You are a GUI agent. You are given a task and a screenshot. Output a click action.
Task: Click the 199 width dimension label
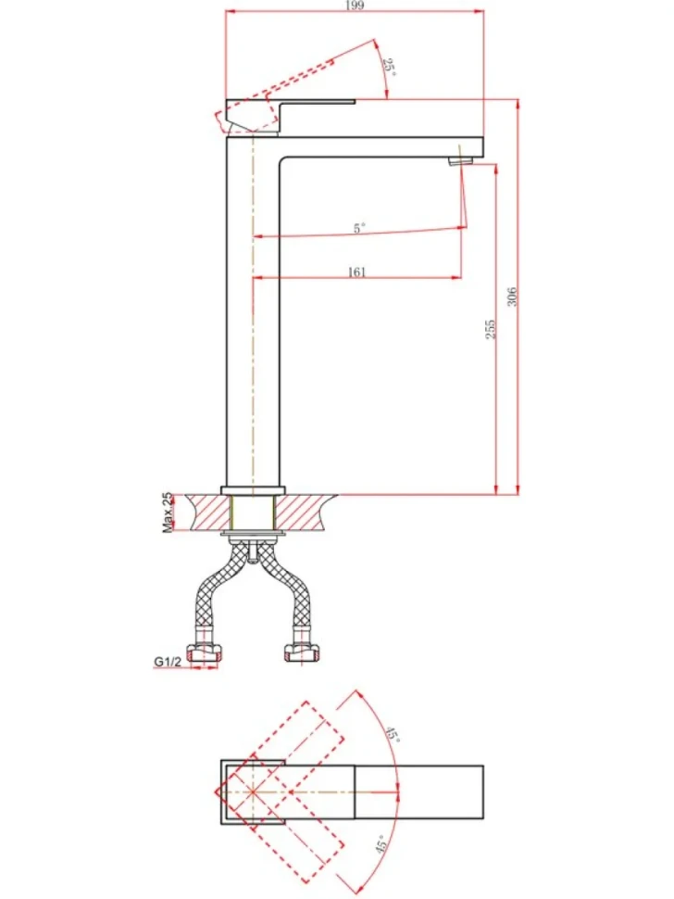coord(355,6)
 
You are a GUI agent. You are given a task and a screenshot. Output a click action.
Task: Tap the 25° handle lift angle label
coord(389,69)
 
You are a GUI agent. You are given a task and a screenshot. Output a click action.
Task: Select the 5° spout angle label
coord(359,228)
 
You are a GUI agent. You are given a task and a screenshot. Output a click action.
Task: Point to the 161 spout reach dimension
coord(356,272)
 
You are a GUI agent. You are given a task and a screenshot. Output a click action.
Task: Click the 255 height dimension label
coord(490,329)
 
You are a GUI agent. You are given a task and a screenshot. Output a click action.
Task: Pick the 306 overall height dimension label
coord(512,297)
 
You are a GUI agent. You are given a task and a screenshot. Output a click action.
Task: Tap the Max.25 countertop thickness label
coord(168,513)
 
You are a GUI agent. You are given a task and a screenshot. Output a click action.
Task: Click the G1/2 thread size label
coord(168,662)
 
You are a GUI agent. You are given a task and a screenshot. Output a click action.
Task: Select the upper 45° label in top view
coord(392,733)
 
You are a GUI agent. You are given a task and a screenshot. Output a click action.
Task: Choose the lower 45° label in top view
coord(383,844)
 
